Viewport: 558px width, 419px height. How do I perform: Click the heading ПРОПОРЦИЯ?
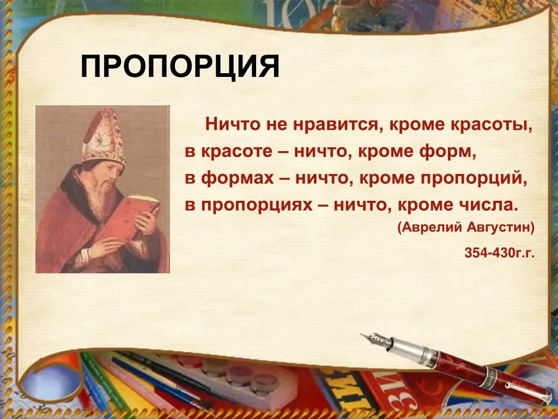[180, 67]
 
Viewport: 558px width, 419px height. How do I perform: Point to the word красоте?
[236, 152]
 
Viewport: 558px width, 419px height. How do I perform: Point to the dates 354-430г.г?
[499, 253]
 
